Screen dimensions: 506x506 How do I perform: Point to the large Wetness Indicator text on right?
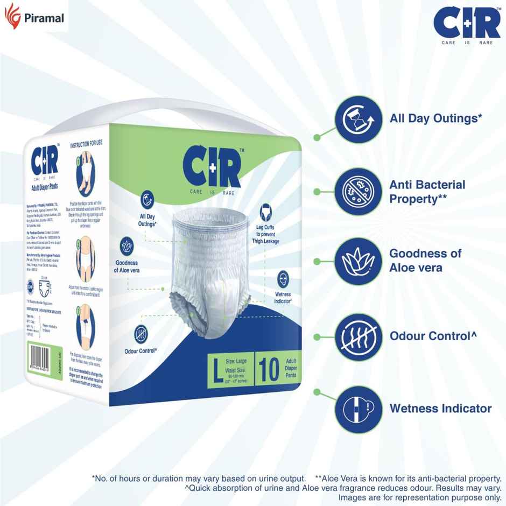point(440,409)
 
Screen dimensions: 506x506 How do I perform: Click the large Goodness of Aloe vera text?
point(425,261)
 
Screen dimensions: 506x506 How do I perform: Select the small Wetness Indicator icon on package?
point(283,279)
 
